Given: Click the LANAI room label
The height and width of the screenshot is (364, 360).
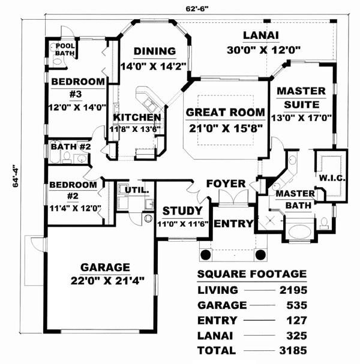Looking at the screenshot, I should [259, 35].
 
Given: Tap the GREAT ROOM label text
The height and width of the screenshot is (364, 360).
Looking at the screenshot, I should [225, 112].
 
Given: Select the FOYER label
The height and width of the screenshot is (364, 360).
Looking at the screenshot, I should [226, 183].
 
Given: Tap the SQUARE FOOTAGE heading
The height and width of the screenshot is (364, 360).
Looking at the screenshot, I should [252, 275].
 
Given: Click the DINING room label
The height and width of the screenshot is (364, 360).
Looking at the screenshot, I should [154, 51].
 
